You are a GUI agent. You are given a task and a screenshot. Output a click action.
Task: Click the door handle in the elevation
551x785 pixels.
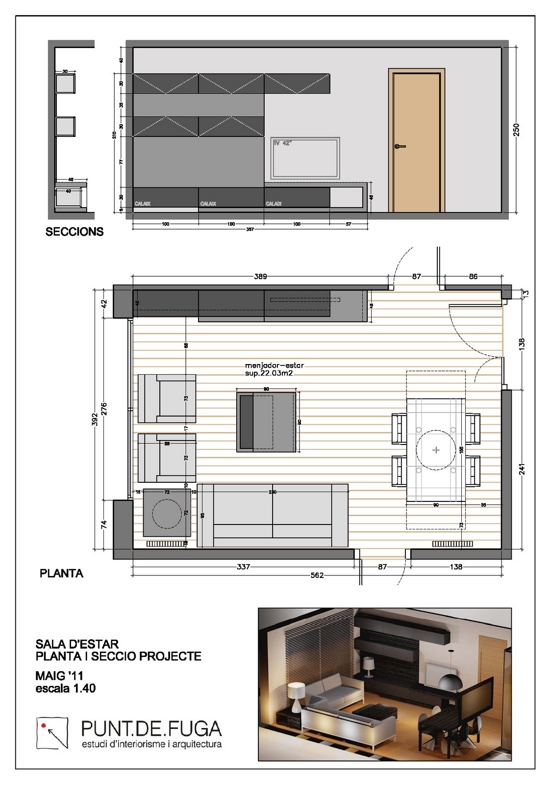400,146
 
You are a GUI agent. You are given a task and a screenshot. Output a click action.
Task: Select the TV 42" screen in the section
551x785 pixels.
305,157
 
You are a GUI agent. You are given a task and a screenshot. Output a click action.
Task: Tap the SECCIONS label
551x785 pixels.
75,232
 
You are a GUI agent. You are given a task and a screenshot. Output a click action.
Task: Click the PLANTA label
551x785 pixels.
61,573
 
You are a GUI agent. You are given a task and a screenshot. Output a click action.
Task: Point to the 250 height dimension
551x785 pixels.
516,130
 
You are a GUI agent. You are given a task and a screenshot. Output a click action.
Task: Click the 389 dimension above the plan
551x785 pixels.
260,277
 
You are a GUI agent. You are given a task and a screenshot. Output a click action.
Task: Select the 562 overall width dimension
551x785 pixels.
317,575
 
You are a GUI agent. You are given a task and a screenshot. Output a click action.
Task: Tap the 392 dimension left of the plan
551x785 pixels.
95,419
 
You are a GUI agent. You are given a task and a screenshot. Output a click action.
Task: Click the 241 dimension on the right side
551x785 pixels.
522,469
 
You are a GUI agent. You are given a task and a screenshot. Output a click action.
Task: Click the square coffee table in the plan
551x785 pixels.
267,422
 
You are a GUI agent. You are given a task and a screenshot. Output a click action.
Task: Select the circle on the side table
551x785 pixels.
167,513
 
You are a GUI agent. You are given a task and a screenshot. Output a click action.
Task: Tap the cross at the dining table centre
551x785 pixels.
436,450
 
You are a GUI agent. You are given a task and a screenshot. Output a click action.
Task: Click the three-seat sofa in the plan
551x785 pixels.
273,515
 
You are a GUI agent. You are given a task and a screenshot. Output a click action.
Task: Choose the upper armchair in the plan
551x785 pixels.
167,398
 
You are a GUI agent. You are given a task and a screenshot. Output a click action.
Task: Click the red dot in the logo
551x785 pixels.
44,725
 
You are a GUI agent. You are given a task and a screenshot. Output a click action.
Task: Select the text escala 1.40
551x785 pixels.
66,688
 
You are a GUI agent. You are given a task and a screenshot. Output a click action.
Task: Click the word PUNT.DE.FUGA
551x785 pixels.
151,729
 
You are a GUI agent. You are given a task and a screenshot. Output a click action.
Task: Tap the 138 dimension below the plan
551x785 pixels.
456,567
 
